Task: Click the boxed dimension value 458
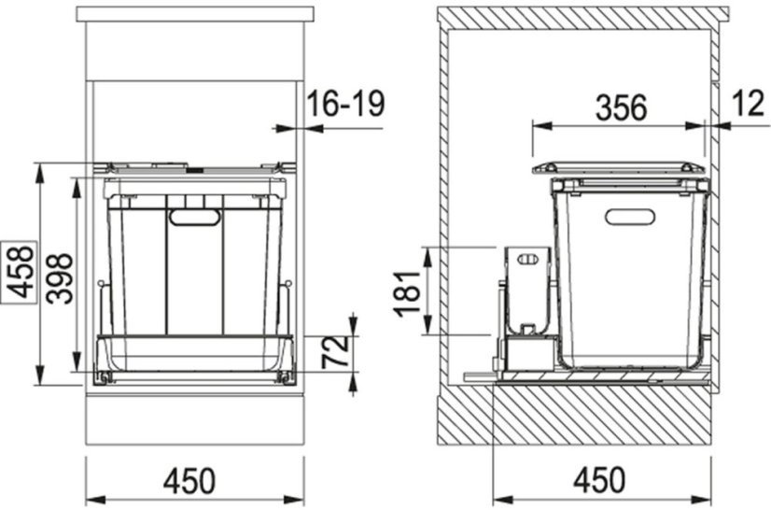coord(21,272)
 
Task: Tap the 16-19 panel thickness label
coord(346,105)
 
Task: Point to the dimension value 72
coord(335,352)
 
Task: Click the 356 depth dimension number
coord(621,108)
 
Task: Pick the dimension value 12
coord(748,104)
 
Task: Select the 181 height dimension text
coord(408,293)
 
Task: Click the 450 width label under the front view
coord(189,481)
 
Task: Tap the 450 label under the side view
coord(599,479)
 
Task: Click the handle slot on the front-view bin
coord(195,218)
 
